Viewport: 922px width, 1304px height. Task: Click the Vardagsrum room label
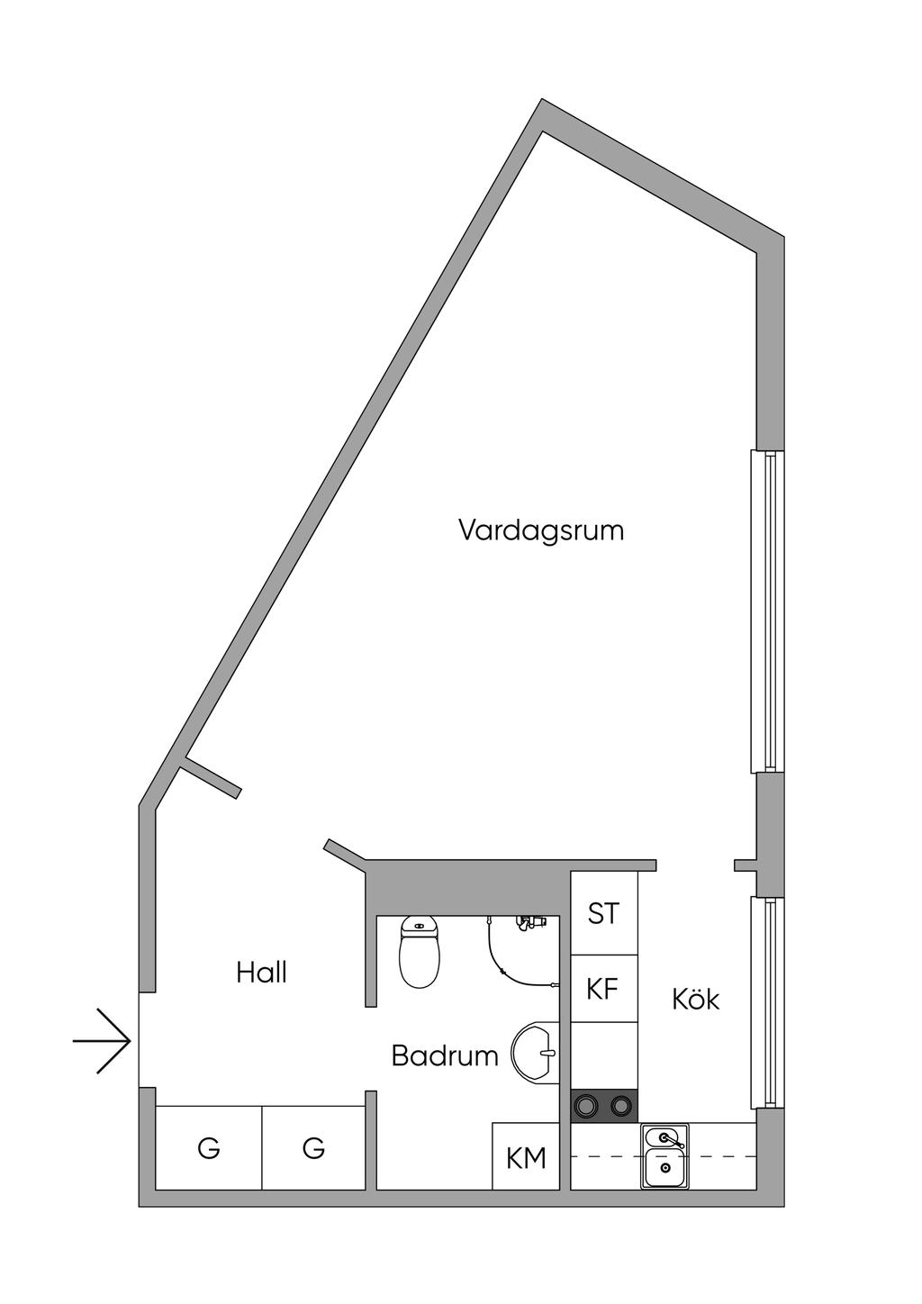point(541,530)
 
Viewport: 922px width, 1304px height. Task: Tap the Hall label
point(261,973)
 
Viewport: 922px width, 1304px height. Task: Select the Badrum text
point(445,1055)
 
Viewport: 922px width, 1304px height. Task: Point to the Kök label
point(696,999)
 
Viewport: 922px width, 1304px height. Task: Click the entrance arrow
point(103,1041)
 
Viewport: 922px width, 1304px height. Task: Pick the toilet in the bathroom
point(420,953)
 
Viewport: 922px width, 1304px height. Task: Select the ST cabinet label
point(603,914)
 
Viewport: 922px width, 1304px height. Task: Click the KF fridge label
point(603,990)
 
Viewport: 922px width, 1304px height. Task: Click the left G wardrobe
point(209,1148)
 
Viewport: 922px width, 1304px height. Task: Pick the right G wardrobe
point(313,1148)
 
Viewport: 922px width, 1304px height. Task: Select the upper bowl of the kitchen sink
point(664,1138)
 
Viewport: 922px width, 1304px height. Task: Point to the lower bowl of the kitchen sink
point(664,1169)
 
